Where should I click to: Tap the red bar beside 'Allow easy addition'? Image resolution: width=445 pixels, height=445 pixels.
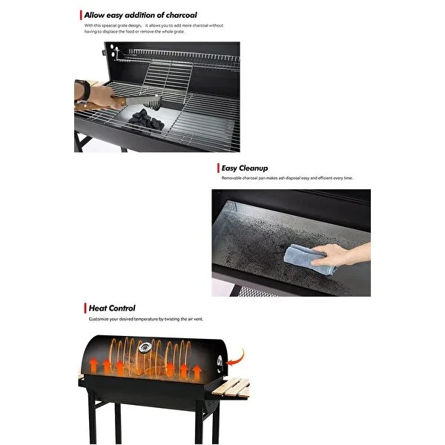(80, 15)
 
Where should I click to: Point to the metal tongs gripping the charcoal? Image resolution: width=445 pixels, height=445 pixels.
(141, 100)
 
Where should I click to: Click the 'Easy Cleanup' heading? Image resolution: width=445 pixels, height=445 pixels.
(244, 168)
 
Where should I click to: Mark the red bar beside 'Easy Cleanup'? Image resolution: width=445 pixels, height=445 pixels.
(217, 168)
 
